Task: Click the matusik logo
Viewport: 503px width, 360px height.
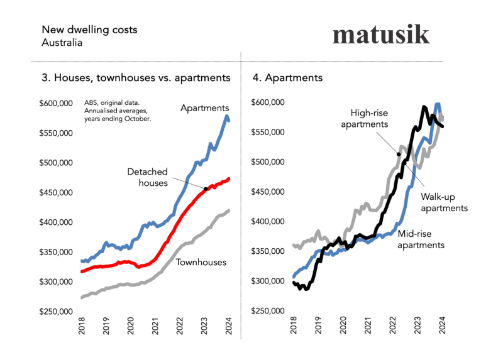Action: point(380,35)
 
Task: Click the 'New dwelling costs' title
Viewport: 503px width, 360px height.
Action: point(89,30)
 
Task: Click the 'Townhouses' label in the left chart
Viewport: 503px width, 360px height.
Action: point(201,262)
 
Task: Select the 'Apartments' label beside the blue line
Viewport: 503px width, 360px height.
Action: point(205,108)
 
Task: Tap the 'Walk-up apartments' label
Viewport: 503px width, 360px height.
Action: point(445,201)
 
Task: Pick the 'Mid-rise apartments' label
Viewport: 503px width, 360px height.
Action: point(421,239)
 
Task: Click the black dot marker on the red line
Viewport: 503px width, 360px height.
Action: point(206,188)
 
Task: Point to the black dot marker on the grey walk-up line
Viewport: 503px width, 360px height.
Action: point(398,153)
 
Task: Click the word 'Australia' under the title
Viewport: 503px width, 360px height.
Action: point(62,43)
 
